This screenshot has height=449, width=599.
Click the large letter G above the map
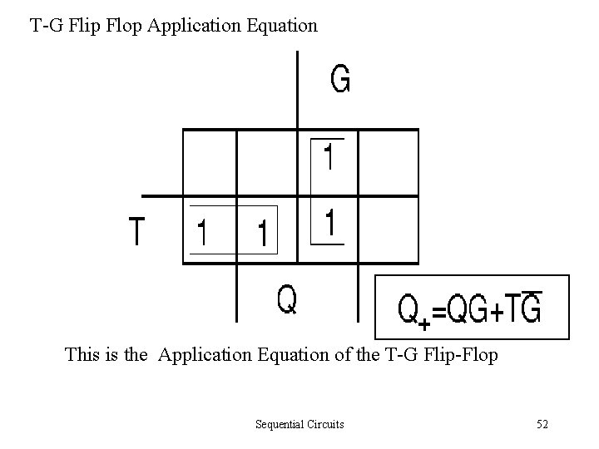coord(340,79)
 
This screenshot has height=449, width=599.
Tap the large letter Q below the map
coord(286,300)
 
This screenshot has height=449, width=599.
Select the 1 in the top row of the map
coord(329,158)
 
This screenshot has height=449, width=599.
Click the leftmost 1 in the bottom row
coord(201,234)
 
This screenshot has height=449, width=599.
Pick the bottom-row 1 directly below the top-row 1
coord(330,224)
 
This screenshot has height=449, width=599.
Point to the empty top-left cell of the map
coord(210,163)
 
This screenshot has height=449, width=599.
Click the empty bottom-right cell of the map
coord(387,230)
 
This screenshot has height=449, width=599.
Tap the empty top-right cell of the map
coord(387,163)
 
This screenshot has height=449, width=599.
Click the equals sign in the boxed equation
coord(438,312)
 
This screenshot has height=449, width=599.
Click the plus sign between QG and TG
coord(498,313)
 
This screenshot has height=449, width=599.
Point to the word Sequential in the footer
coord(280,425)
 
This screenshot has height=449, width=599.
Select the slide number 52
coord(542,425)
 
